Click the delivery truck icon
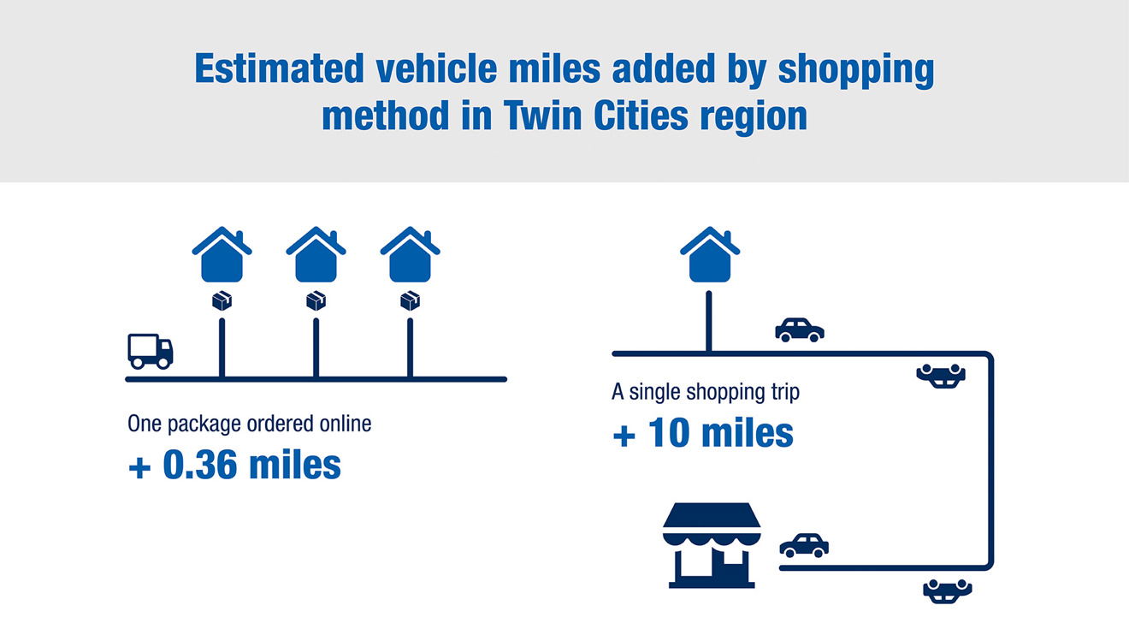(151, 351)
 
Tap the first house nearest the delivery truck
(222, 255)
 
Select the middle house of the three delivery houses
(316, 255)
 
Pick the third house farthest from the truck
(411, 255)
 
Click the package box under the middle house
(316, 301)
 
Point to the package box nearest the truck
(222, 301)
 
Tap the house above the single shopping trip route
(710, 255)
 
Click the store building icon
(712, 545)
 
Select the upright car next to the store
(804, 545)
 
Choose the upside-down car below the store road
(948, 591)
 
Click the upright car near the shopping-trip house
(800, 330)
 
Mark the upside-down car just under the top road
(941, 377)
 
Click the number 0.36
(200, 465)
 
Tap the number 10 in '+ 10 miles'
(668, 433)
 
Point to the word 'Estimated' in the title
(279, 68)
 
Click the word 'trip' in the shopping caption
(784, 393)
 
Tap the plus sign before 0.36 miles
(139, 467)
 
